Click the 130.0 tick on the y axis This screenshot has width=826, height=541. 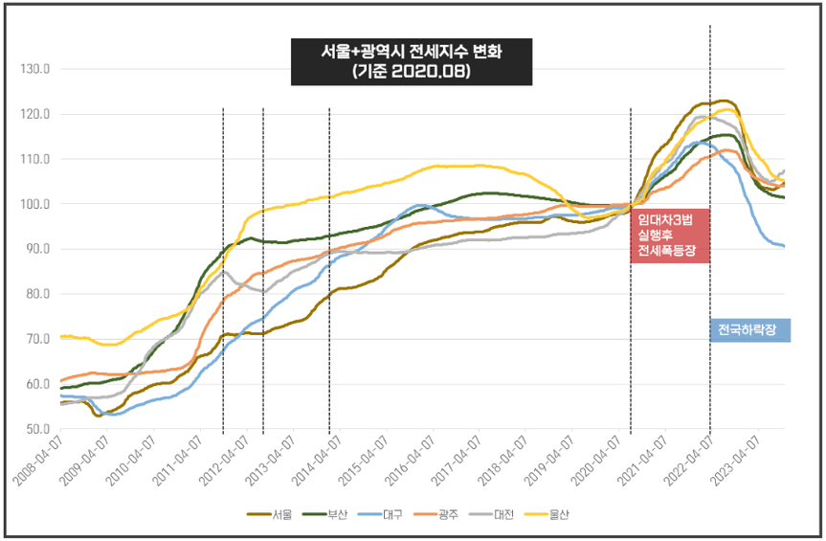[x=34, y=69]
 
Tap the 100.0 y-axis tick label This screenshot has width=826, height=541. [x=34, y=204]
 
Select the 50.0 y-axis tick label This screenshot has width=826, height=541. [x=36, y=429]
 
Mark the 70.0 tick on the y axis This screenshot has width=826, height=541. [x=36, y=339]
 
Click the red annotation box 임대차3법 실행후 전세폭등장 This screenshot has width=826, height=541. [x=670, y=235]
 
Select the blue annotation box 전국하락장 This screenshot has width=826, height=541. [x=749, y=330]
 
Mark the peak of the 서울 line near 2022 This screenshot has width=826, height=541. [x=724, y=101]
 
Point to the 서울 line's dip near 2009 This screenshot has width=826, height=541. [x=99, y=416]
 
